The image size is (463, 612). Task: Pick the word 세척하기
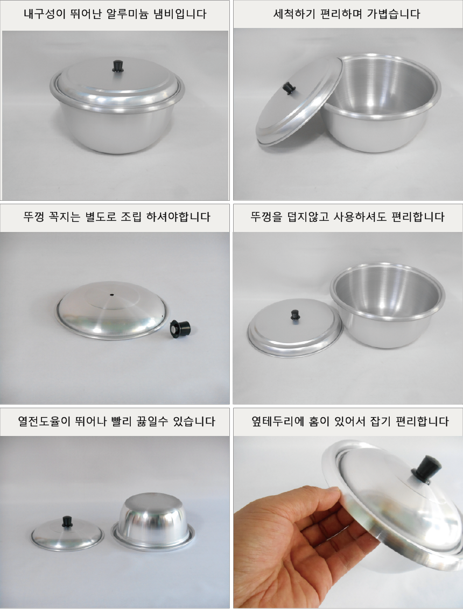tap(298, 14)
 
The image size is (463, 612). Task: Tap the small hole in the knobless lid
tap(112, 295)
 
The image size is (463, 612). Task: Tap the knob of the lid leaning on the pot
tap(290, 88)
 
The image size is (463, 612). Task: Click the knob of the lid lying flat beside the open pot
tap(295, 314)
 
